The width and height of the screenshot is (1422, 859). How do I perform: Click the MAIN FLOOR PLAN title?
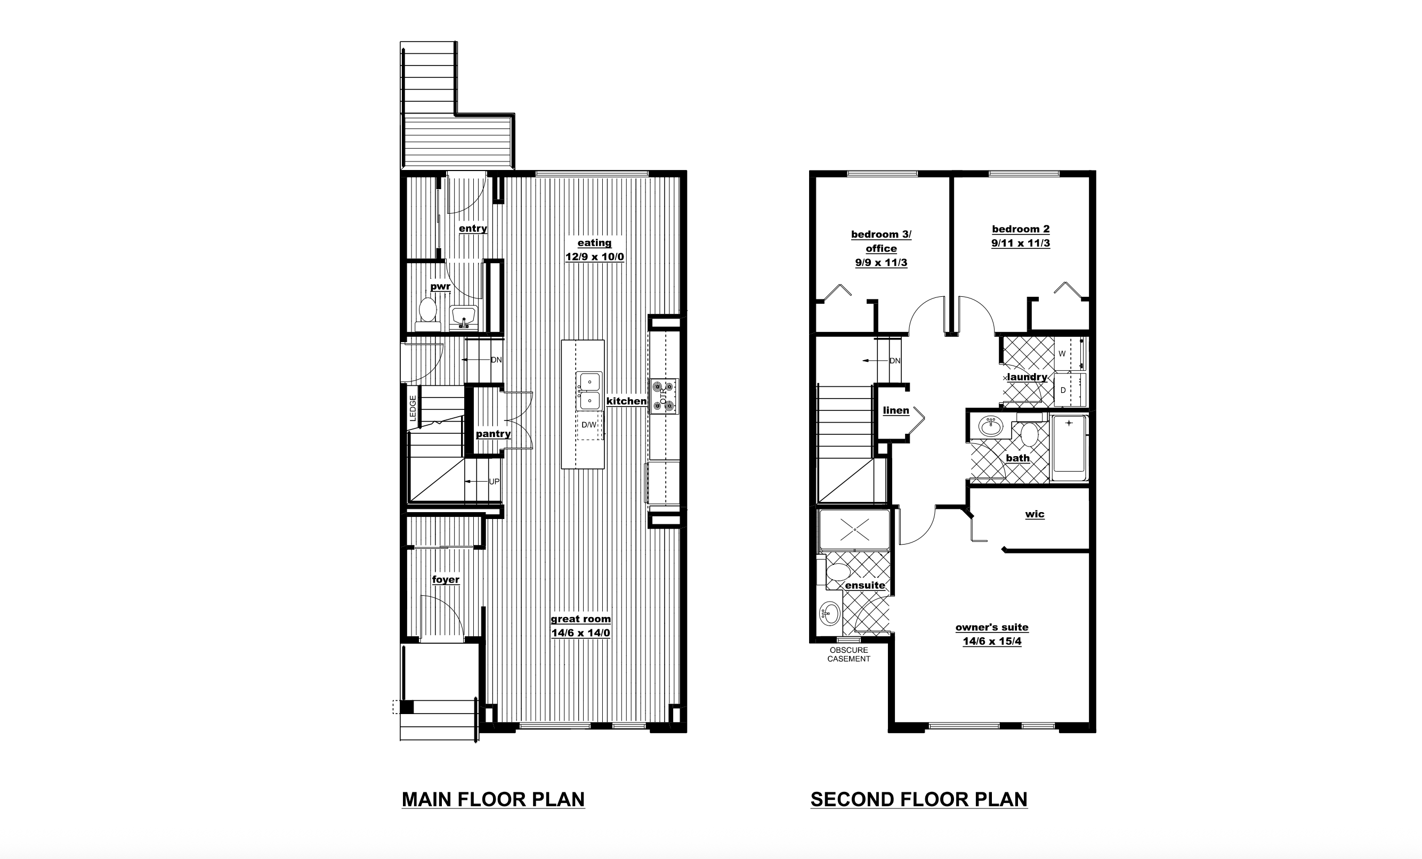[494, 799]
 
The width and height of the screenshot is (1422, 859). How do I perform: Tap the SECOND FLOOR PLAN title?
[919, 799]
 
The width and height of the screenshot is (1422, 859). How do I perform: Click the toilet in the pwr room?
[427, 313]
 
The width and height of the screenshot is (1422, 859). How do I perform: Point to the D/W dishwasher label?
[588, 425]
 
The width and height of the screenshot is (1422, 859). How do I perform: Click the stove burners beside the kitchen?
[663, 396]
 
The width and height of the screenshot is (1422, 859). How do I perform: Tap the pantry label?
[494, 434]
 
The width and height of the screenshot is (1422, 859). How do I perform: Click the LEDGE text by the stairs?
[413, 408]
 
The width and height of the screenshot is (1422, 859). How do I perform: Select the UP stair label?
[494, 482]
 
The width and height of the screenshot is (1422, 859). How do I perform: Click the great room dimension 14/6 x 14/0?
[580, 633]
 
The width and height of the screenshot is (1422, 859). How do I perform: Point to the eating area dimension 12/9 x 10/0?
[594, 257]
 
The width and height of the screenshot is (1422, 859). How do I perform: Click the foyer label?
[446, 579]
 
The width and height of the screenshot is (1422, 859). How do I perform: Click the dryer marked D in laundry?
[1069, 390]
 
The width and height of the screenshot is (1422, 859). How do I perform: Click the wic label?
[1035, 514]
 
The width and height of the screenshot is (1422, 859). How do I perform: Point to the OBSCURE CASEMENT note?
[849, 654]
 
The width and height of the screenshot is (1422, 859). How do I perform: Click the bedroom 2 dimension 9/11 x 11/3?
[1020, 243]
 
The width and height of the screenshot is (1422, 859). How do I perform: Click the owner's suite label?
[991, 627]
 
